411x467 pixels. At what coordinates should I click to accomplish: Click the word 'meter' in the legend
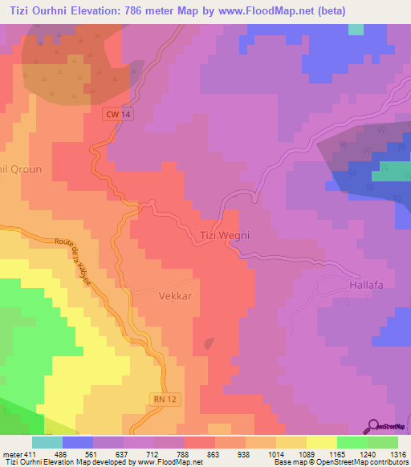(12, 453)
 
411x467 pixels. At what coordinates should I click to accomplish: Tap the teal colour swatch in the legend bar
(47, 442)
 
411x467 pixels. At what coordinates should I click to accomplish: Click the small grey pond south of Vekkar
(209, 343)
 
